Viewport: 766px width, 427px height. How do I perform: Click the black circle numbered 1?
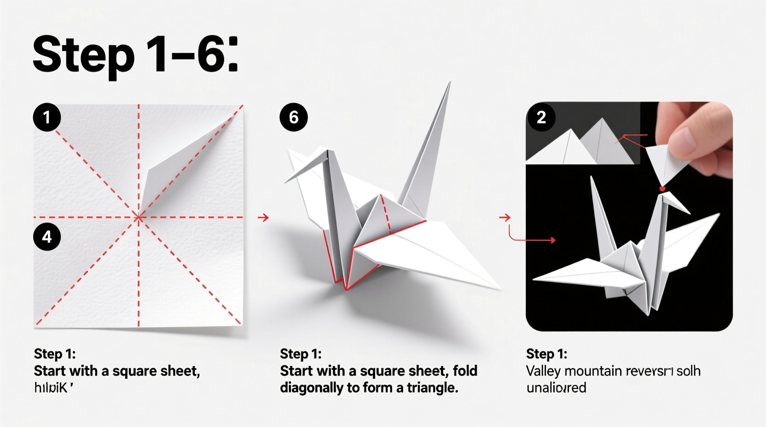click(x=47, y=117)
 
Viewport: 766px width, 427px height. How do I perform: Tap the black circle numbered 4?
click(x=47, y=237)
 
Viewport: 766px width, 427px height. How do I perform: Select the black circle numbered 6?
click(x=294, y=117)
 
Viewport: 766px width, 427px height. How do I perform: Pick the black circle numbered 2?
click(x=541, y=117)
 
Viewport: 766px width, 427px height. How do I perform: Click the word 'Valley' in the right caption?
click(x=543, y=371)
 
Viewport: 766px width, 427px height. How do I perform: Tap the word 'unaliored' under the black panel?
click(x=556, y=387)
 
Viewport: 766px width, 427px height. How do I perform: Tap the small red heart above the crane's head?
click(x=662, y=189)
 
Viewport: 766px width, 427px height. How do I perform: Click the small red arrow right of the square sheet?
click(x=263, y=217)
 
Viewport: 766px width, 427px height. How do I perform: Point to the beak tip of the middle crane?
click(x=286, y=181)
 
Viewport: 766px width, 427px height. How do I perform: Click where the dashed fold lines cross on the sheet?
click(x=139, y=217)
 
